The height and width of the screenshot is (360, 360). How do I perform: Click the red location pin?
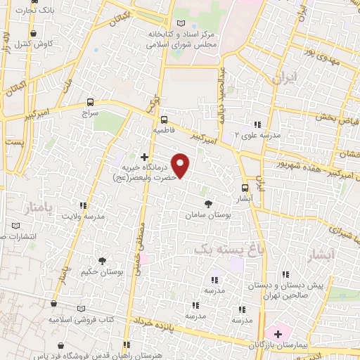(x=181, y=166)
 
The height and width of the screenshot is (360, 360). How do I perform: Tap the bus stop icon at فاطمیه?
(x=164, y=120)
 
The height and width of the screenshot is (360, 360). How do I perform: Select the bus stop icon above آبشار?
(x=245, y=188)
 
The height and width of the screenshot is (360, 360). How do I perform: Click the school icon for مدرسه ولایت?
(x=84, y=206)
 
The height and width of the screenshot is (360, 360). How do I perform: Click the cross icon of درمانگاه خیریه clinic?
(x=145, y=157)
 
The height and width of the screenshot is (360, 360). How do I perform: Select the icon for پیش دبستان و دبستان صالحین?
(x=285, y=275)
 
